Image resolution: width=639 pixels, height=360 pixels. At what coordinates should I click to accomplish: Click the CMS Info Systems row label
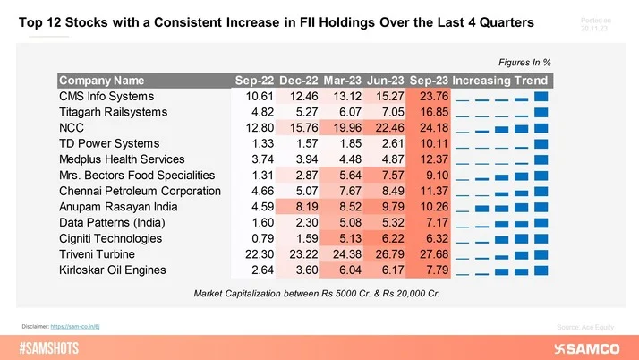click(106, 97)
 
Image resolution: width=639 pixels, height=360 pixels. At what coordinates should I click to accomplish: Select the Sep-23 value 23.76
click(429, 97)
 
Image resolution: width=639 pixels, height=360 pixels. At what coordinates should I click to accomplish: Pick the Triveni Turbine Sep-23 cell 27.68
click(429, 254)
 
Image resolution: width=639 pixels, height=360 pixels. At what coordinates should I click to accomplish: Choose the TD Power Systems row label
click(109, 144)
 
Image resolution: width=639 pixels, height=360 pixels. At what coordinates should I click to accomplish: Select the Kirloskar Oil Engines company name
click(115, 270)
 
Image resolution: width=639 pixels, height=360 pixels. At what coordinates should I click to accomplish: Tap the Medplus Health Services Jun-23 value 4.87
click(385, 159)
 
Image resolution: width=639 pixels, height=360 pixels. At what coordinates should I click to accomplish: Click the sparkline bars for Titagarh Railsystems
click(500, 112)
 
